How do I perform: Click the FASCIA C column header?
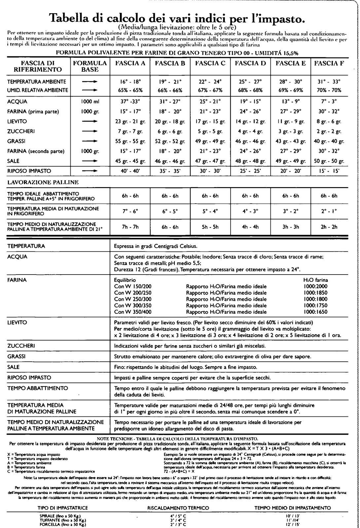coord(210,63)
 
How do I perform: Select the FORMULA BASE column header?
coord(90,66)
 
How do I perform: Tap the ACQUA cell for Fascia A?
coord(130,102)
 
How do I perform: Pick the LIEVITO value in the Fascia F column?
coord(329,121)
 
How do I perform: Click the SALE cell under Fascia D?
coord(250,161)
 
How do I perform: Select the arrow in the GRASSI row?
coord(90,141)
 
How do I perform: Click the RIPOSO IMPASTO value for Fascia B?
coord(170,171)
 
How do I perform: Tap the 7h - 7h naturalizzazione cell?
coord(130,227)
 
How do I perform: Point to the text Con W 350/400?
coord(133,312)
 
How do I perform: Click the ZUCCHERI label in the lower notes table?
coord(21,346)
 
